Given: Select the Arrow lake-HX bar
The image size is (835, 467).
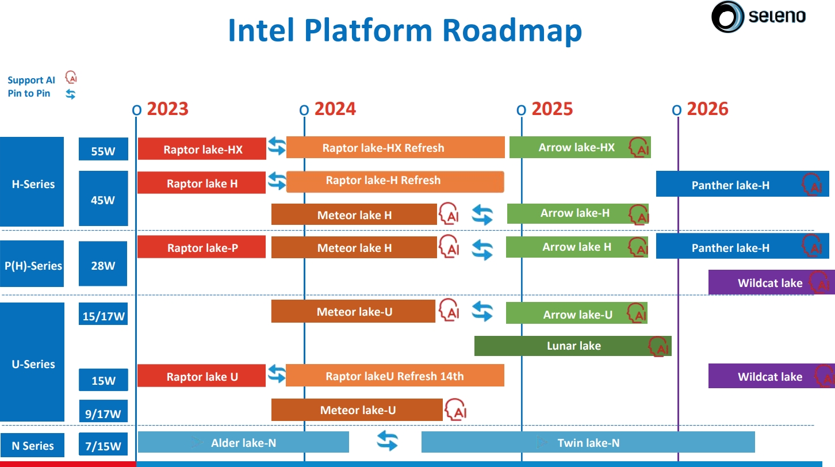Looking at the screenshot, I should pos(577,147).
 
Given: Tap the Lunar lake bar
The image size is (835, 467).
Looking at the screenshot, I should pos(573,346).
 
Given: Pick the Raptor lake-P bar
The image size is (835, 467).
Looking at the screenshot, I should pos(202,248).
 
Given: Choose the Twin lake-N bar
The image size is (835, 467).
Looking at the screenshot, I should pos(588,442).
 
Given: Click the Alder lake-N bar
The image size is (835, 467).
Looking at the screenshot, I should pos(243,442).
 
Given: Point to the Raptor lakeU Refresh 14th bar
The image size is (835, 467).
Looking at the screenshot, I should pos(394,376).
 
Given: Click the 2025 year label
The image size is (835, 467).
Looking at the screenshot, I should pos(552,109).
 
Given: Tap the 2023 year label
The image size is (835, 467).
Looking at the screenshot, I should pos(167,109).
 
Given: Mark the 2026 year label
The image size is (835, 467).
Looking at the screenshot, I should pos(707,109).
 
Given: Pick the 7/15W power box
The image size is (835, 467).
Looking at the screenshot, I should pos(104,445).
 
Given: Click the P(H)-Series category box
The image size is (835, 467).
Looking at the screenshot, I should pos(33,265).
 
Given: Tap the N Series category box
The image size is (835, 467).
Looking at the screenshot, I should pos(33,446).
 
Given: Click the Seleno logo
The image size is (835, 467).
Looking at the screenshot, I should pos(759,17).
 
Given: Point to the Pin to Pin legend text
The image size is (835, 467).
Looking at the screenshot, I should pos(29,93).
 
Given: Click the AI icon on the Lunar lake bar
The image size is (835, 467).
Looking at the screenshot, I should pos(658,347).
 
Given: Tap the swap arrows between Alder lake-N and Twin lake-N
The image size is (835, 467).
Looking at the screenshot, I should pos(387,441).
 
